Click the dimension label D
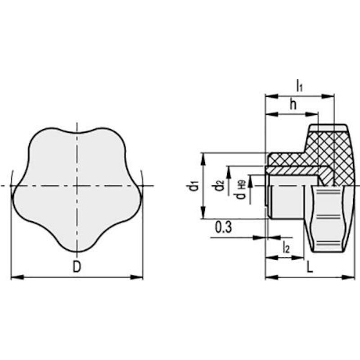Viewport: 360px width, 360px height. click(x=77, y=267)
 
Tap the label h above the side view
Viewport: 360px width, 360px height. click(x=293, y=104)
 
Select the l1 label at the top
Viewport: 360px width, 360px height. click(x=300, y=85)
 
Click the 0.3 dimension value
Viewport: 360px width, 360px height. click(x=223, y=227)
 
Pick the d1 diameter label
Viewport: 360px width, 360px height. click(x=193, y=186)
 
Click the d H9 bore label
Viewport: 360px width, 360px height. click(x=241, y=189)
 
